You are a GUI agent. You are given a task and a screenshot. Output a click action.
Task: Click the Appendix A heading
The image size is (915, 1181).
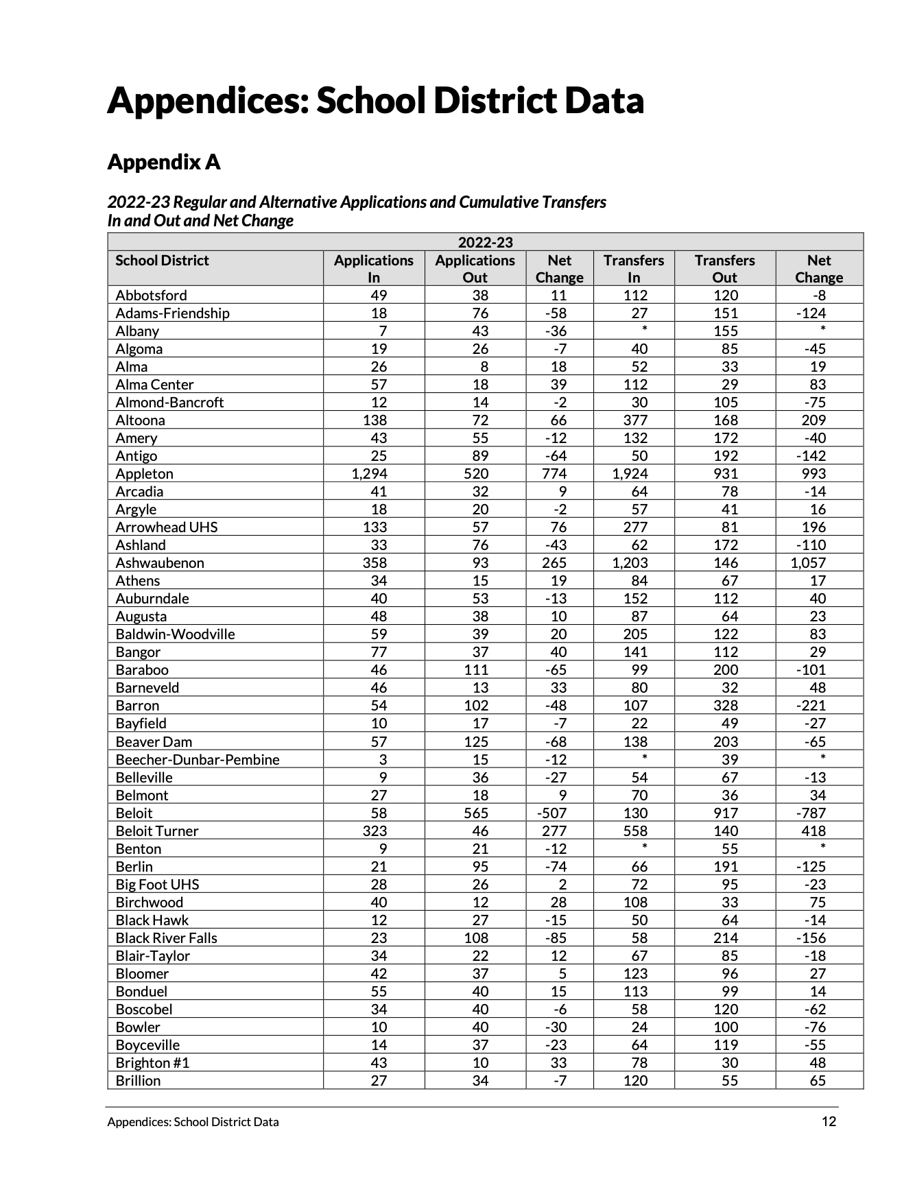pyautogui.click(x=164, y=163)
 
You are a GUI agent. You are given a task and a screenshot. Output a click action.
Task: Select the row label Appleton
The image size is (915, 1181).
pyautogui.click(x=144, y=474)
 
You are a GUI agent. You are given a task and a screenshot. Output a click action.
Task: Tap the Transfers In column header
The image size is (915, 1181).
pyautogui.click(x=633, y=268)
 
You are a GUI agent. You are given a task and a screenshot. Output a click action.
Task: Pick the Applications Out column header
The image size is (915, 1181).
pyautogui.click(x=475, y=268)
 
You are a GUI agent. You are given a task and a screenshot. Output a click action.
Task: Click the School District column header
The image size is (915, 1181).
pyautogui.click(x=162, y=261)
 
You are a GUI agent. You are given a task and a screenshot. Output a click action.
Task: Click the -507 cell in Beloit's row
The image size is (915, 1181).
pyautogui.click(x=552, y=813)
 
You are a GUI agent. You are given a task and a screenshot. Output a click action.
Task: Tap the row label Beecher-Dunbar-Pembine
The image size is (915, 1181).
pyautogui.click(x=198, y=760)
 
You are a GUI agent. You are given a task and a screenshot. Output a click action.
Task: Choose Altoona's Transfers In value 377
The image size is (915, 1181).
pyautogui.click(x=635, y=420)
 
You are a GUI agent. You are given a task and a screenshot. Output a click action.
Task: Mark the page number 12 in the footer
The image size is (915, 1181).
pyautogui.click(x=829, y=1122)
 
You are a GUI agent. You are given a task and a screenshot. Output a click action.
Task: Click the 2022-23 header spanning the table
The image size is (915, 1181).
pyautogui.click(x=485, y=242)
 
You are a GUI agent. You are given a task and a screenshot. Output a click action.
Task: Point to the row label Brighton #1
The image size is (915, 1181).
pyautogui.click(x=152, y=1063)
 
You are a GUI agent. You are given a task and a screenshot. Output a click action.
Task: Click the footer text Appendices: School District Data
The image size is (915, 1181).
pyautogui.click(x=193, y=1123)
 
